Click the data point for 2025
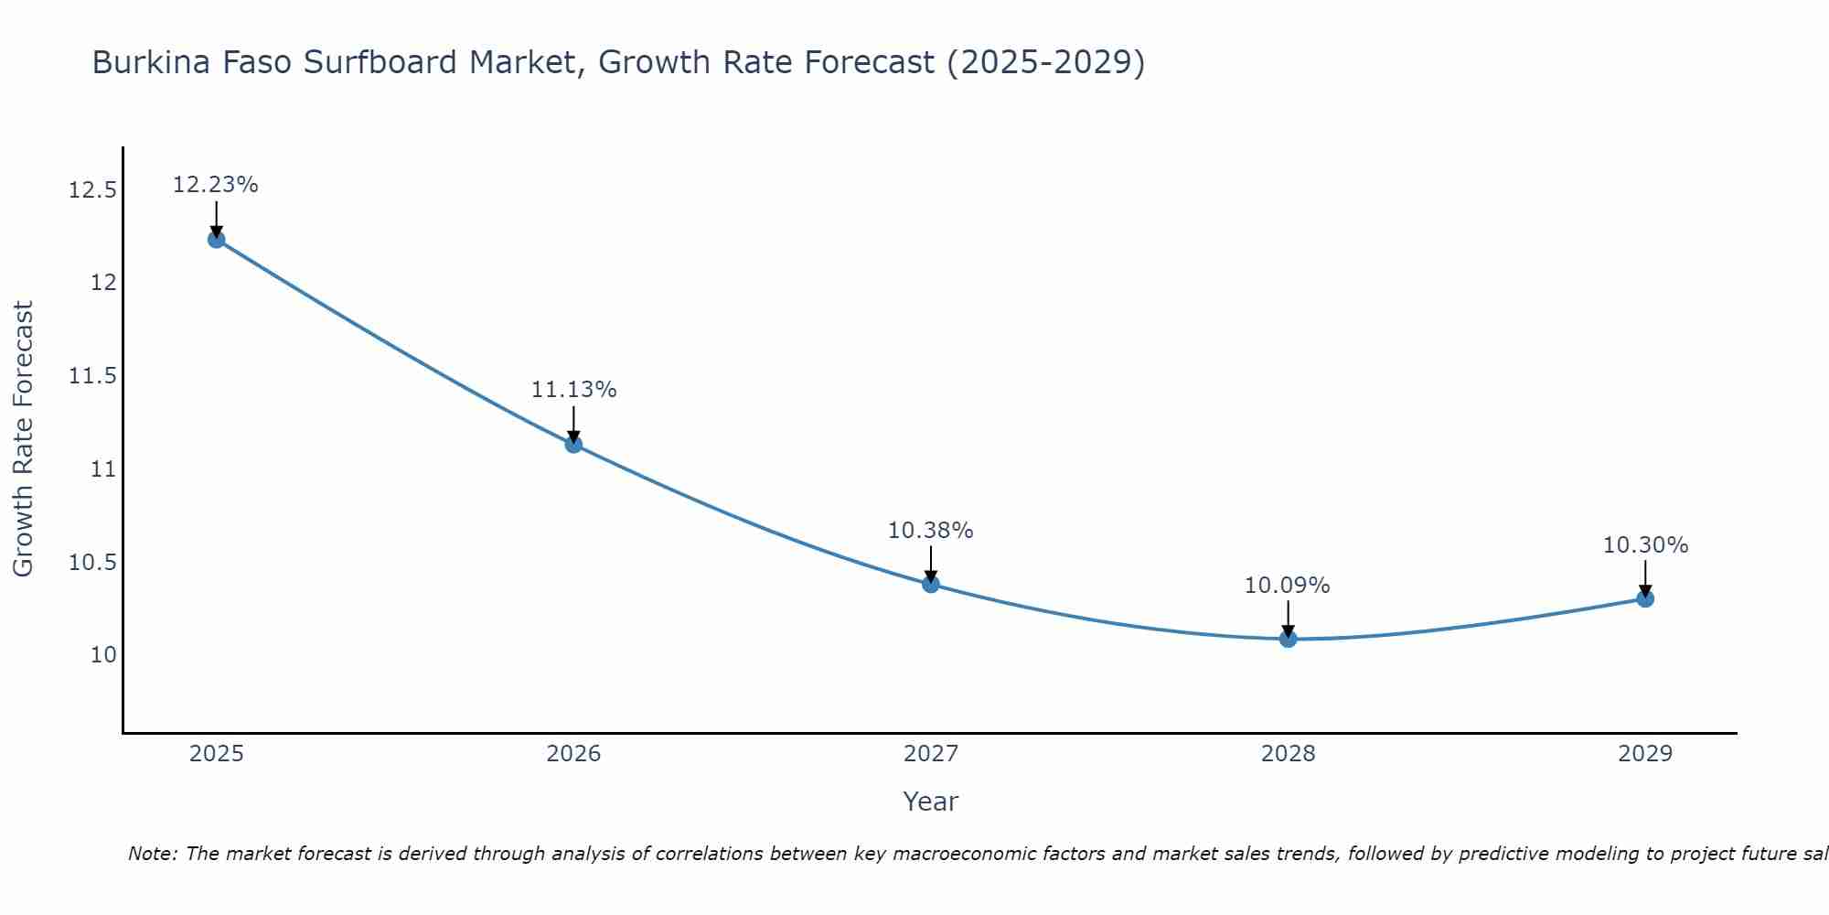[217, 240]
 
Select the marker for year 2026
[573, 445]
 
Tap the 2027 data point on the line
[931, 584]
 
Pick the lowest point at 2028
[1288, 639]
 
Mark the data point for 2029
[1645, 598]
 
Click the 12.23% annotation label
[216, 185]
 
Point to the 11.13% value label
[573, 390]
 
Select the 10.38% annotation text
[931, 531]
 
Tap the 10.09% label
[1287, 586]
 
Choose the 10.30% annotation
[1645, 545]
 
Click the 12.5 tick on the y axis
[92, 190]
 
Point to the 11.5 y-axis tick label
[92, 376]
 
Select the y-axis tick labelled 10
[103, 655]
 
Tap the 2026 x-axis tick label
[573, 754]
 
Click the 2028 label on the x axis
[1288, 754]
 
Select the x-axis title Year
[931, 802]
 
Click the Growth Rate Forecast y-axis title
[24, 439]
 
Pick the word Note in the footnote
[152, 854]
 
